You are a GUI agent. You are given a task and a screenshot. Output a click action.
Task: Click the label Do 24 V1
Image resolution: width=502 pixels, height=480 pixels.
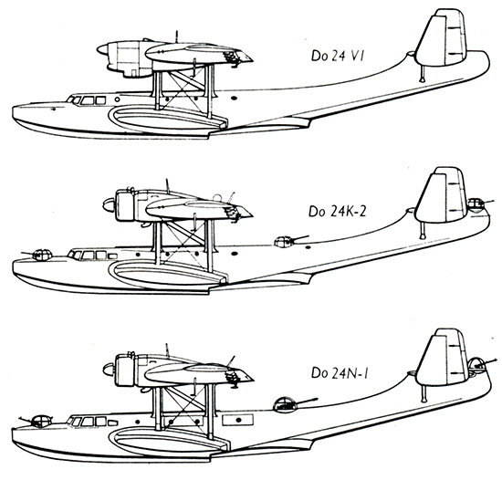point(338,56)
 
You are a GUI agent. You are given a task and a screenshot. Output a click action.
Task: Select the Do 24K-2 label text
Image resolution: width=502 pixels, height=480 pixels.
point(337,212)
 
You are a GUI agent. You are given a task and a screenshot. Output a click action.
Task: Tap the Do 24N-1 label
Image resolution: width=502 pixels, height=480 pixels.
point(340,373)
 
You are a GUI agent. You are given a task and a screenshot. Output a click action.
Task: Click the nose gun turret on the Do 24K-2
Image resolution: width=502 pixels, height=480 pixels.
point(42,255)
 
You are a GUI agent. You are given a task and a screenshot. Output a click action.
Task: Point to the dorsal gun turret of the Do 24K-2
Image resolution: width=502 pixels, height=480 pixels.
point(284,242)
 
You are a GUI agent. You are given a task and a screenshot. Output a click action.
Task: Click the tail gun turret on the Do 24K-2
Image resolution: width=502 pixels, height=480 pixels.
point(476,205)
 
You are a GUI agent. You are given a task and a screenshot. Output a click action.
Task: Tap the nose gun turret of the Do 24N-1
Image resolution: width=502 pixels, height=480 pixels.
point(41,421)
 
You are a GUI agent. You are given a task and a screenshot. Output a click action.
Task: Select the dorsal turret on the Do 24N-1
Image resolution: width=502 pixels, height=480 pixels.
point(285,404)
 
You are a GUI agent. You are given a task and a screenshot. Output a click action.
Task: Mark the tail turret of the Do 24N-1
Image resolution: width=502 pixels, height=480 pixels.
point(477,365)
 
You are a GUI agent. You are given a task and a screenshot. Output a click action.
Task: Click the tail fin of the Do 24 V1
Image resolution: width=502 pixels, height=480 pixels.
point(441,38)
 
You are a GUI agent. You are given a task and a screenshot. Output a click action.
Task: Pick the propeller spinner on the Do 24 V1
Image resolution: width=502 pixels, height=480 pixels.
point(102,49)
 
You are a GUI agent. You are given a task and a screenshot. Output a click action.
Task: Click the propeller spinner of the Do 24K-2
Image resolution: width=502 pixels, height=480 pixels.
point(109,204)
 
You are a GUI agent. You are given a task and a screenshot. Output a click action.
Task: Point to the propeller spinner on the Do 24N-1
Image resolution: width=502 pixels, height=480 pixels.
point(109,370)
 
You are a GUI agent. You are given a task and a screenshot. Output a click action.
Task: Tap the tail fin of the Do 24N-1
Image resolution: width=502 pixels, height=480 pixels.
point(442,358)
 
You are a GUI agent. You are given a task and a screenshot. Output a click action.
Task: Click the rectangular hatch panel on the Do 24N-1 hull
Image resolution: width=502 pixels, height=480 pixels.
point(238,420)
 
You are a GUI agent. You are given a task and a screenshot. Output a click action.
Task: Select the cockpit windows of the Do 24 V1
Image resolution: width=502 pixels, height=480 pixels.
point(87,100)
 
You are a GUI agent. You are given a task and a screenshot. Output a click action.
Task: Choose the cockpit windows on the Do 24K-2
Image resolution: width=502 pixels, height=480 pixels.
point(92,255)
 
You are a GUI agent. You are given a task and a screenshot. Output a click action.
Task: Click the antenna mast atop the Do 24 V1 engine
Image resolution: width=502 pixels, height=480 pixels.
point(176,37)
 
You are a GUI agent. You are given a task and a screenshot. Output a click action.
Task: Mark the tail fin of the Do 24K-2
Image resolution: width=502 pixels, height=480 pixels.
point(441,195)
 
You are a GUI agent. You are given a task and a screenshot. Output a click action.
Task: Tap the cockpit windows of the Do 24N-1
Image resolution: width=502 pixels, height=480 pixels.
point(92,421)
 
